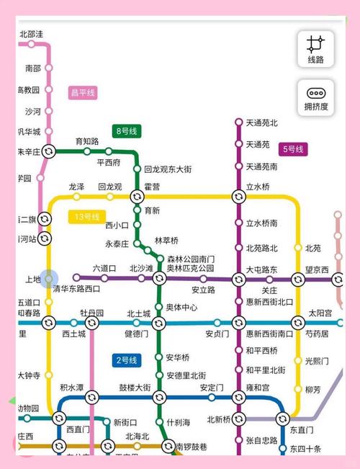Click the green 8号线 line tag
point(128,131)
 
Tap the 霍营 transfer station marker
point(137,197)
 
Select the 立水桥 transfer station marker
point(238,197)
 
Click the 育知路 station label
point(87,141)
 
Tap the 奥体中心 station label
point(181,307)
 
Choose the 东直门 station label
point(302,429)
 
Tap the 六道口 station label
point(104,268)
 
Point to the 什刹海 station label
point(179,422)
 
